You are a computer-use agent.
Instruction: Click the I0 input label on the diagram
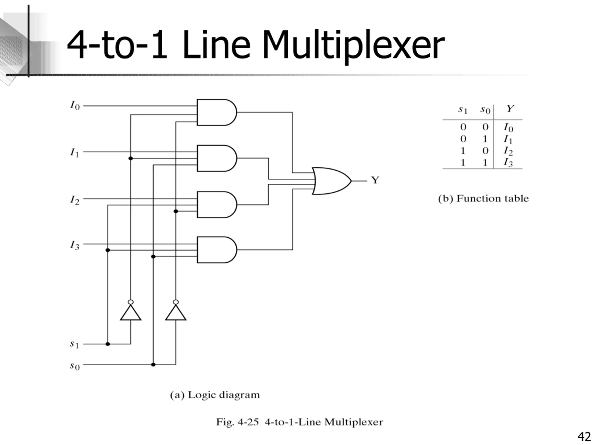[x=75, y=105]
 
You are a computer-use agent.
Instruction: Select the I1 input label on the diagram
[x=75, y=153]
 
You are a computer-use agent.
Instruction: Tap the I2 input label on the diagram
[x=75, y=200]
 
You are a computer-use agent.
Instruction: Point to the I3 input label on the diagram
[x=75, y=245]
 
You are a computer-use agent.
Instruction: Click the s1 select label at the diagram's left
[x=75, y=344]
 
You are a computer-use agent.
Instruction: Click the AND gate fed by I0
[x=217, y=112]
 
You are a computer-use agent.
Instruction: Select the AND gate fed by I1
[x=217, y=158]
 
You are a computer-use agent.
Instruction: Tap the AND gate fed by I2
[x=217, y=205]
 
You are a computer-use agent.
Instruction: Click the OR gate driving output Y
[x=332, y=181]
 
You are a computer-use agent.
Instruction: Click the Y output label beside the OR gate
[x=375, y=180]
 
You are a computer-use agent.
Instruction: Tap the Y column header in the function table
[x=510, y=109]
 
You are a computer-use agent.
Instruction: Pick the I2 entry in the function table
[x=508, y=151]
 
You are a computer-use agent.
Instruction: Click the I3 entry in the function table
[x=508, y=162]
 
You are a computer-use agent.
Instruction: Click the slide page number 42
[x=585, y=437]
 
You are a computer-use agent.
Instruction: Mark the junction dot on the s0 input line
[x=153, y=365]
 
